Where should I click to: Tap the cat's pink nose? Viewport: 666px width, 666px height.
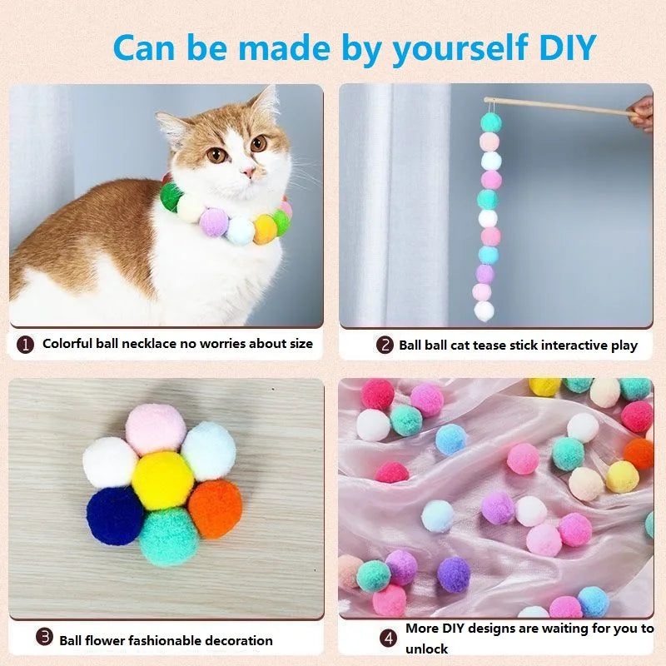[248, 171]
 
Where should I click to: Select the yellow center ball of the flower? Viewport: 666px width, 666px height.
[162, 481]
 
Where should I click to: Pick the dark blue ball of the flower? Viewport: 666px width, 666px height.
[114, 514]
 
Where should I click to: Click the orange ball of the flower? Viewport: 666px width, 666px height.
[215, 508]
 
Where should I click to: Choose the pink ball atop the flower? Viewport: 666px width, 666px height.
[156, 430]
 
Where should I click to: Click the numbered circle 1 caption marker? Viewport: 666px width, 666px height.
[26, 344]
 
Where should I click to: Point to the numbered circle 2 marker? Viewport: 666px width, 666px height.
[384, 345]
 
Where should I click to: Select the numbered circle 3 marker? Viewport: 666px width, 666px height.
[44, 638]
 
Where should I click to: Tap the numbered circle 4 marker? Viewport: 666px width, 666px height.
[388, 639]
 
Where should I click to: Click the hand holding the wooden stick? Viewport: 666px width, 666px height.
[642, 113]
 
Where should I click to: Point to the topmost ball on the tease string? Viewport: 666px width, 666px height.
[491, 123]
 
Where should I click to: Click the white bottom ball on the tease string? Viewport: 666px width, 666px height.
[485, 311]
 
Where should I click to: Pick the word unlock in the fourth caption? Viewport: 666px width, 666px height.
[426, 649]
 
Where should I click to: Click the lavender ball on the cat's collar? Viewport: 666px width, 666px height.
[215, 221]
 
